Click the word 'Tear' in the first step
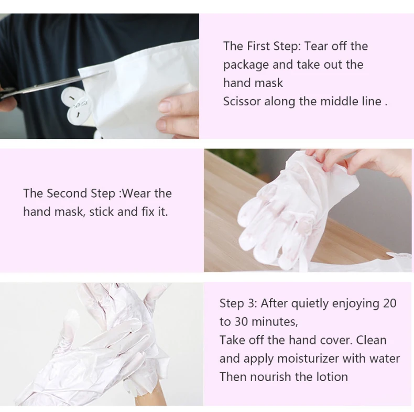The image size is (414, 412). [x=332, y=46]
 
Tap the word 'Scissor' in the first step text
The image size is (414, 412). [x=242, y=101]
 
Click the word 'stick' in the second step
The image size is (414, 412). [x=103, y=212]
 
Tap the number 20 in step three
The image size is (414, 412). [x=389, y=303]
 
